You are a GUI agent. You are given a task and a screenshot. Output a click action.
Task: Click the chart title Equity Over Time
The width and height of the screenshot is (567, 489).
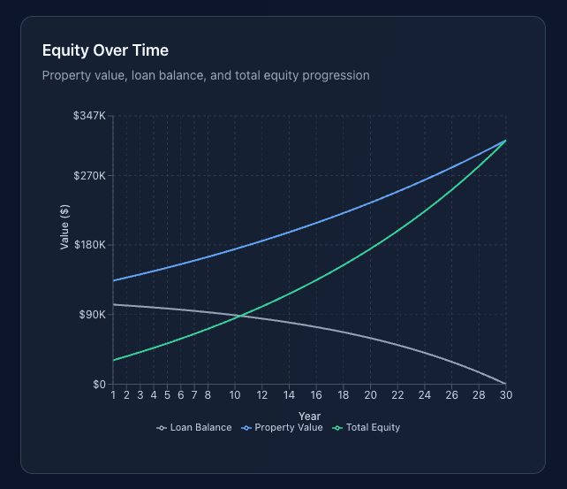(105, 50)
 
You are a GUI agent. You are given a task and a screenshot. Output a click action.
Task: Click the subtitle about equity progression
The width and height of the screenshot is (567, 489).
(206, 75)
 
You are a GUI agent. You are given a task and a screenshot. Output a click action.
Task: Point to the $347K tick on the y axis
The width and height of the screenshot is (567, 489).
(91, 116)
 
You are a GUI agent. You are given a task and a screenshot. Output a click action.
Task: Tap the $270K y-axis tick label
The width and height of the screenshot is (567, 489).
(91, 175)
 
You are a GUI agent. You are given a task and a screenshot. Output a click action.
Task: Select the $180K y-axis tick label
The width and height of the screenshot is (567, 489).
(91, 245)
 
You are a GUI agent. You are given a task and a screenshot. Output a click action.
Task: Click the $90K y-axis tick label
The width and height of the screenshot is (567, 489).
(94, 315)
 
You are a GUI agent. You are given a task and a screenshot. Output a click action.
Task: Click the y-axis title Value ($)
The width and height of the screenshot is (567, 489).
(64, 227)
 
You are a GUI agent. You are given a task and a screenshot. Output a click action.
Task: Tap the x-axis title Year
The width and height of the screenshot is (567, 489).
(309, 416)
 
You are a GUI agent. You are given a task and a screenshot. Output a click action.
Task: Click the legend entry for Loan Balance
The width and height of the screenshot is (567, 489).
(194, 428)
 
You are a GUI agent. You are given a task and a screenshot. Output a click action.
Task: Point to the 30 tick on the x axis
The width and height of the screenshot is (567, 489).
(505, 395)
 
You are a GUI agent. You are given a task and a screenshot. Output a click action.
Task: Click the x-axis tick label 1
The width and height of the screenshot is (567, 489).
(113, 395)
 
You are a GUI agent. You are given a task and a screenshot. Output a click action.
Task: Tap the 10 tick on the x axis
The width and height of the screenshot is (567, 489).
(235, 395)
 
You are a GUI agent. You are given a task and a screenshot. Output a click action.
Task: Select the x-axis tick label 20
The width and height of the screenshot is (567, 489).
(370, 395)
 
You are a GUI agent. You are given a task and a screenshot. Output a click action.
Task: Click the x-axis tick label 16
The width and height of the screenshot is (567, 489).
(316, 395)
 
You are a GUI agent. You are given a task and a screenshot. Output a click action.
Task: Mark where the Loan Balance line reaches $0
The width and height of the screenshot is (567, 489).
(505, 384)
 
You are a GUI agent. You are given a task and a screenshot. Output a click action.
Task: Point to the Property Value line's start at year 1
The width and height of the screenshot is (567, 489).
(113, 280)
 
